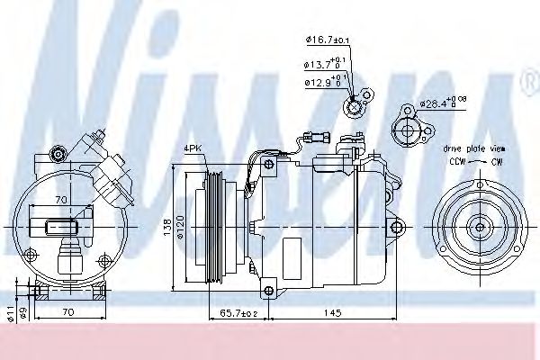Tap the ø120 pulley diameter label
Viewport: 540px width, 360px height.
(180, 224)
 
